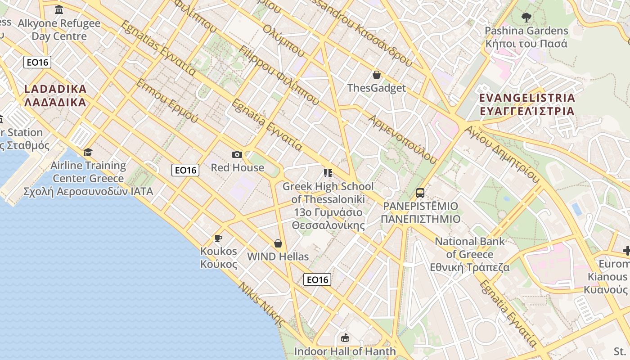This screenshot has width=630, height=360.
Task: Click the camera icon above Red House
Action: coord(237,155)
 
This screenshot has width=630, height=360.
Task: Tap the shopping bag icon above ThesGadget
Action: coord(377,75)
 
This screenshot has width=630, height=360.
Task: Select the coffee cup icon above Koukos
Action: coord(218,238)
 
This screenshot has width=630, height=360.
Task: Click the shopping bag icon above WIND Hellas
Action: coord(278,243)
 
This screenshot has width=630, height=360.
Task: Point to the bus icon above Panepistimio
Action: coord(420,193)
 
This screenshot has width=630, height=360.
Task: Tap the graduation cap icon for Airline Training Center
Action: coord(88,152)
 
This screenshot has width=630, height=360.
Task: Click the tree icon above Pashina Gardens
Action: coord(526,18)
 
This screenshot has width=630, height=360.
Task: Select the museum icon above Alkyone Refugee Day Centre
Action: coord(59,9)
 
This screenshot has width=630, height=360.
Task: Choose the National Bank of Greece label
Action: coord(470,254)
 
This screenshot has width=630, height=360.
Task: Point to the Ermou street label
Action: coord(167,101)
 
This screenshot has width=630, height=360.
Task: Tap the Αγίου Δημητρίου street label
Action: coord(502,154)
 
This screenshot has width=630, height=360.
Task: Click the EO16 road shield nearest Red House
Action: coord(185,170)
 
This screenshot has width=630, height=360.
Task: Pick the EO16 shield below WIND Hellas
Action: coord(317,279)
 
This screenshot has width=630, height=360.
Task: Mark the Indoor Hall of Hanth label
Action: coord(345,351)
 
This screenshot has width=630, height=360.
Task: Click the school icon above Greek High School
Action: coord(328,173)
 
